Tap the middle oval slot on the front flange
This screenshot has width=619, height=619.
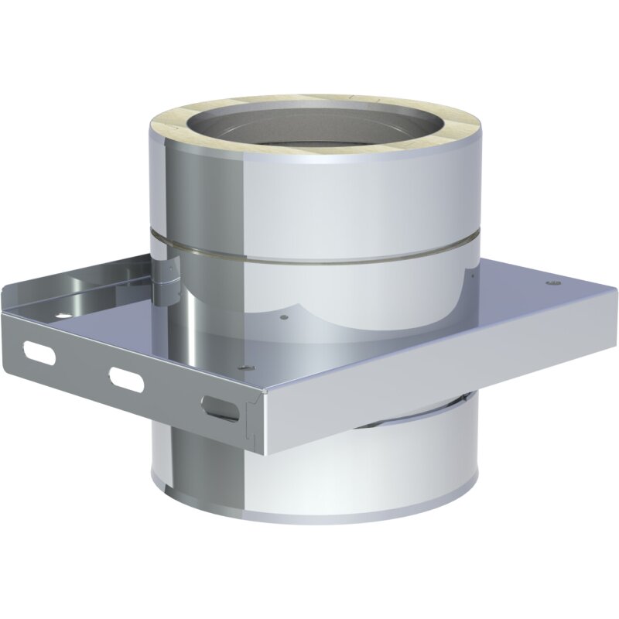click(x=127, y=378)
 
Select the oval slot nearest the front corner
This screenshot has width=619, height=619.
click(x=220, y=408)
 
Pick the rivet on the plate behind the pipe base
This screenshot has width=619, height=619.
click(x=283, y=316)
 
